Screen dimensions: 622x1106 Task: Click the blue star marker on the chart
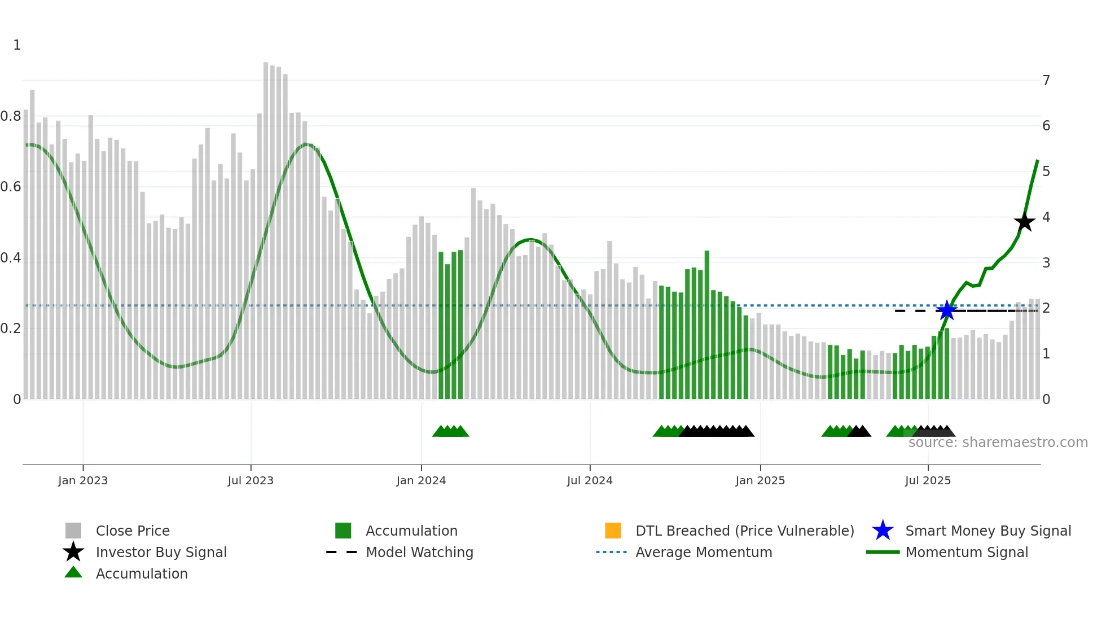click(946, 310)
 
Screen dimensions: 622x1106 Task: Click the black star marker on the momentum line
click(1024, 222)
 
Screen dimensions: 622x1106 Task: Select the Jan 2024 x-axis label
click(421, 480)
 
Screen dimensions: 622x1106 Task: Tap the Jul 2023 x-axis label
click(251, 480)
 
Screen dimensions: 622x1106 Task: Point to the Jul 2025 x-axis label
click(928, 480)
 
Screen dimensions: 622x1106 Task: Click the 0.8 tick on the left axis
click(11, 116)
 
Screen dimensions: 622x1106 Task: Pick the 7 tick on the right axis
click(1046, 81)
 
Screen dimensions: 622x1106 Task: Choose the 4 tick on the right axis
click(1046, 217)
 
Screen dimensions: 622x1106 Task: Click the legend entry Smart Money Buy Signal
click(987, 531)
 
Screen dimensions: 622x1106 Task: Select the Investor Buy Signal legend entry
click(161, 552)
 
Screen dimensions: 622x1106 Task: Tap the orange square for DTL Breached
click(613, 531)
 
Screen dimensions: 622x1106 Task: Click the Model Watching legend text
click(419, 552)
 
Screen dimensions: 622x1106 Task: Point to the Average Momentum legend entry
click(703, 552)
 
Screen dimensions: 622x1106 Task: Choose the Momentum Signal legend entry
click(966, 552)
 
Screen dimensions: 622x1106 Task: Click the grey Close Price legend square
click(73, 531)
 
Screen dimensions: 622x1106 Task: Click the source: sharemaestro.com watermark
click(998, 443)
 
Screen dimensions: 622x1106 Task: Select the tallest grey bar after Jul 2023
click(266, 226)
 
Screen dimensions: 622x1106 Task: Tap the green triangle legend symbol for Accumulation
click(73, 573)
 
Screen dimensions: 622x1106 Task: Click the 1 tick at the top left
click(17, 45)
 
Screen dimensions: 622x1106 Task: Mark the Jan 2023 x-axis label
click(83, 480)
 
